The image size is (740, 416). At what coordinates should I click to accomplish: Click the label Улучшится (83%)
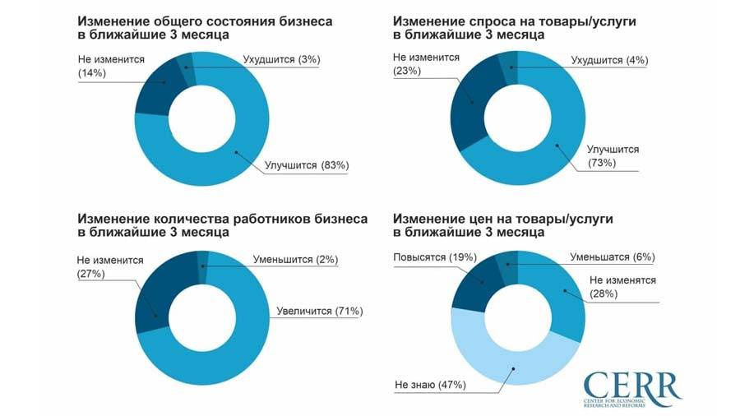307,165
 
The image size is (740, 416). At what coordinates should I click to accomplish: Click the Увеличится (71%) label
316,311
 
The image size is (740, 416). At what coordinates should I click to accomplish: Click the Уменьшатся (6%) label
612,257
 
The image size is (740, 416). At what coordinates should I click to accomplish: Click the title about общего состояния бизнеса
205,28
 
